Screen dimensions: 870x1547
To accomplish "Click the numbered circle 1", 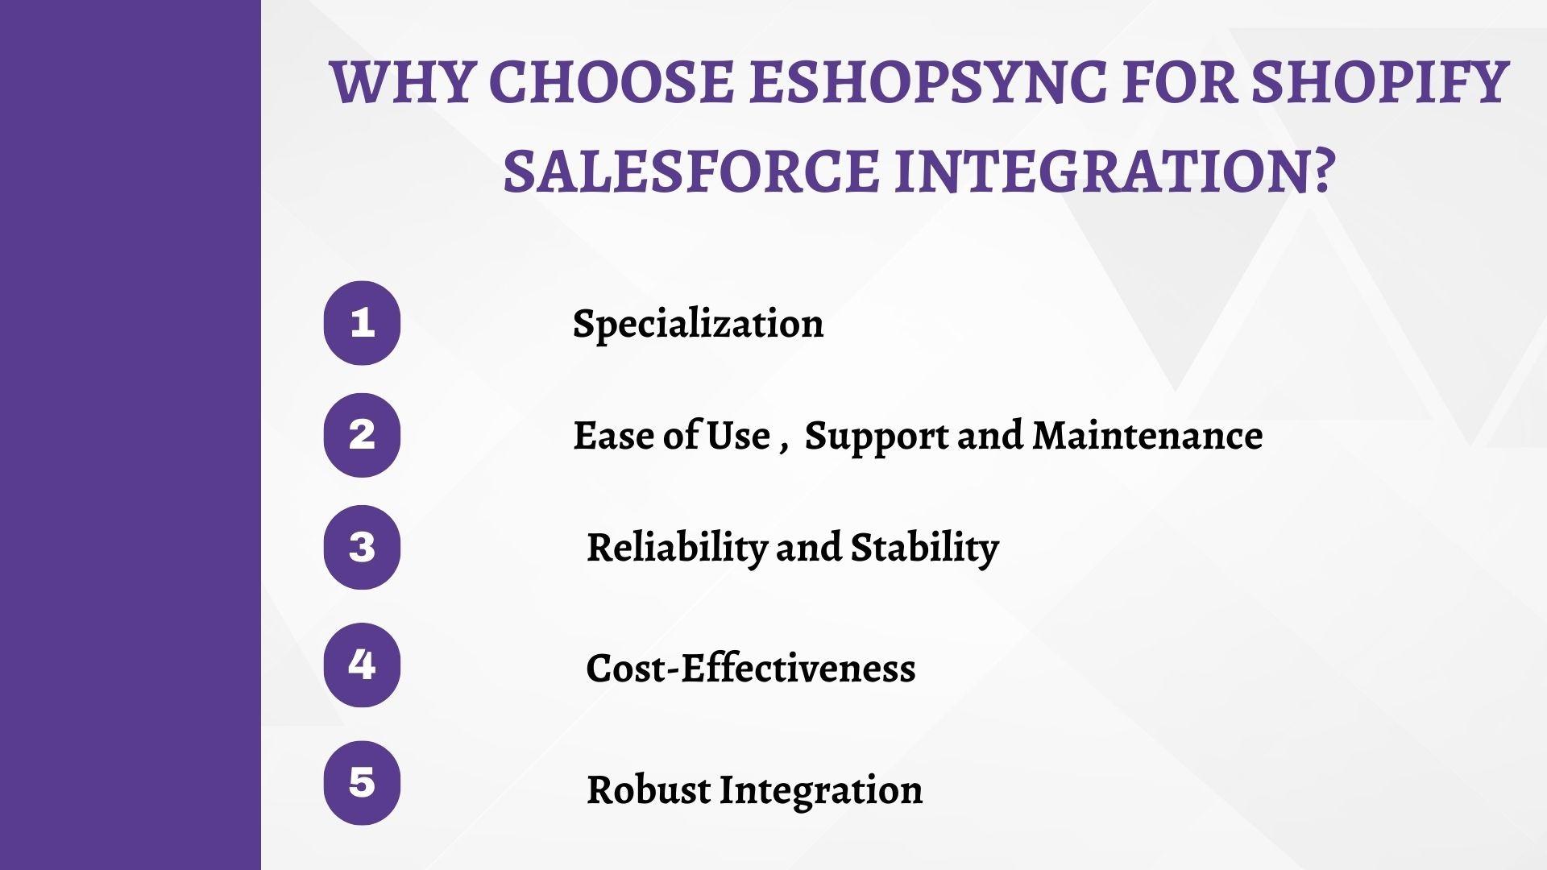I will (362, 323).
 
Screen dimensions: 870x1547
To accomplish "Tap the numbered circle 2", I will (362, 435).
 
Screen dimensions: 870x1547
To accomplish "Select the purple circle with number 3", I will (362, 547).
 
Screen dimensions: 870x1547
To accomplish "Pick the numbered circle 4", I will (362, 665).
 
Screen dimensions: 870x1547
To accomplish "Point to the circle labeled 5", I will (362, 783).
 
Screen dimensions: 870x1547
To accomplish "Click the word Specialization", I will (698, 324).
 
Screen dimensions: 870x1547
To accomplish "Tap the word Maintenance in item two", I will (1147, 436).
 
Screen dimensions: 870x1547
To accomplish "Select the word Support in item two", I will (877, 437).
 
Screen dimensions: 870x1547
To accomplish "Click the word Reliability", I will (676, 548).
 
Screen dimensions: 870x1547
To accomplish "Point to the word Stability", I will (924, 548).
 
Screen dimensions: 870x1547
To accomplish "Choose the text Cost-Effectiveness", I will (750, 669).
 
